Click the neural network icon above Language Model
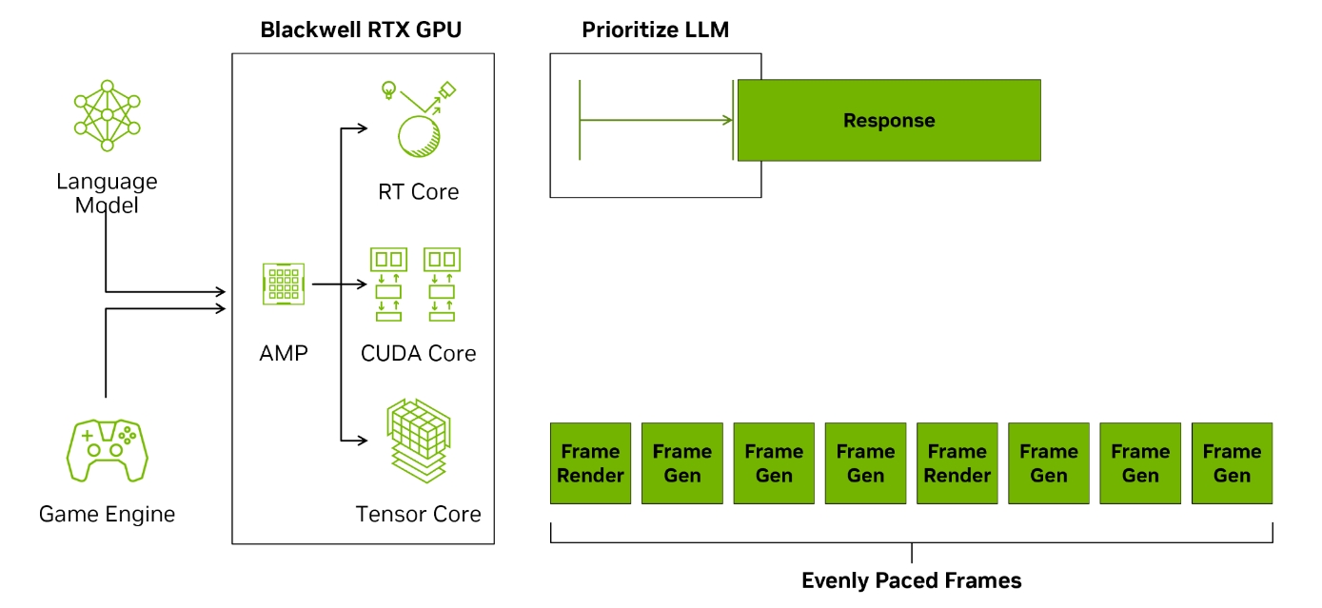pos(107,115)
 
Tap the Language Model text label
pos(107,193)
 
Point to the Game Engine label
pos(107,515)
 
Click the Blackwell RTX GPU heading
pos(361,29)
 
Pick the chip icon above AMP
pos(283,284)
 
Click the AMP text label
pos(284,353)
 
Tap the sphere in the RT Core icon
pos(420,137)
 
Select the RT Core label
pos(418,192)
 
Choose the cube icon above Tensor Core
pos(418,442)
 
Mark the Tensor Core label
pos(418,515)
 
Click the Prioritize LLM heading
pos(655,29)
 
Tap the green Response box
pos(889,121)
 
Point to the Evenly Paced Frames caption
pos(911,580)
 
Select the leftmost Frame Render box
pos(590,463)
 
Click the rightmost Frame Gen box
pos(1232,463)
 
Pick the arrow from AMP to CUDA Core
pos(338,284)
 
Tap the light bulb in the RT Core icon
pos(388,90)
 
